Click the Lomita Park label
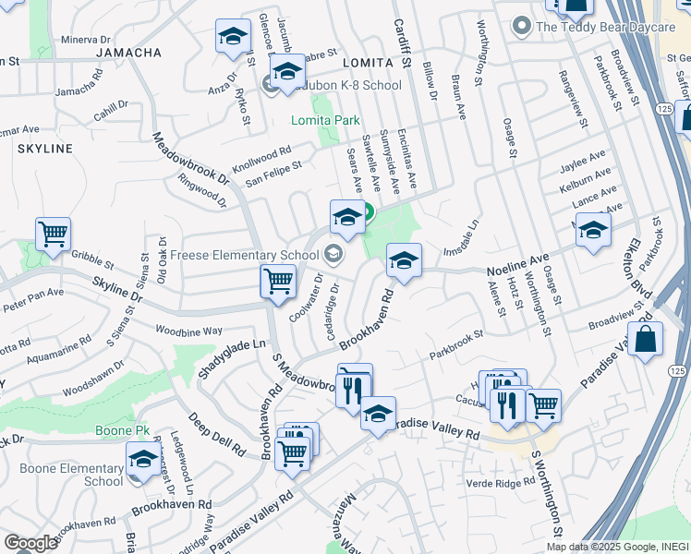point(325,120)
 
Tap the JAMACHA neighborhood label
point(128,53)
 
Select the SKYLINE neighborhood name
point(43,149)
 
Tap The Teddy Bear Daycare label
point(605,27)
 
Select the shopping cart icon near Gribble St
point(54,234)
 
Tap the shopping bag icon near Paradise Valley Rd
point(647,339)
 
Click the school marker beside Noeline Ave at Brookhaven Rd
point(404,260)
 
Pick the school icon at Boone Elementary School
point(143,459)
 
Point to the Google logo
point(30,543)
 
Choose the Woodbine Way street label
point(188,331)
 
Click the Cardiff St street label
point(401,42)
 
